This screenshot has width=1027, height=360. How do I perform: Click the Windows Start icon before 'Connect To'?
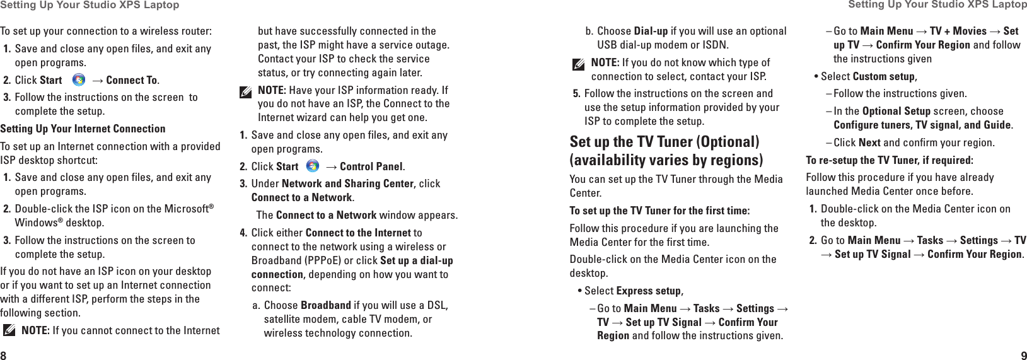tap(79, 80)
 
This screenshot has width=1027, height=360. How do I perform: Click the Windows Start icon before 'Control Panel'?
tap(312, 166)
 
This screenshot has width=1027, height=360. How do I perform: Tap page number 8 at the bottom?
tap(4, 354)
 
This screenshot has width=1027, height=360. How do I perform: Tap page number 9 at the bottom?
tap(1023, 354)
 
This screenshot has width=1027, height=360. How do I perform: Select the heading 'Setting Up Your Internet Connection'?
tap(83, 129)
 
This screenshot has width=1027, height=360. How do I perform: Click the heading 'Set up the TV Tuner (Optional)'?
tap(664, 142)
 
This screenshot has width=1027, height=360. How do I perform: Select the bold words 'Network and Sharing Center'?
tap(347, 183)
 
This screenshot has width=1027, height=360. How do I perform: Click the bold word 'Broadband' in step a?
tap(325, 305)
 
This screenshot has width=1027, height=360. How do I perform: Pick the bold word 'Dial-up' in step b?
tap(651, 31)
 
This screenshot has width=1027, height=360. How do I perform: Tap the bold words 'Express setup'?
tap(649, 291)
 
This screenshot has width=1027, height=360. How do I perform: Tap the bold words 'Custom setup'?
tap(883, 76)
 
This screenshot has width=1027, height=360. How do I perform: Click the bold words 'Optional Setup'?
tap(896, 111)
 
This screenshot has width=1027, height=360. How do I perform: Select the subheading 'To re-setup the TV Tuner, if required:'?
tap(889, 160)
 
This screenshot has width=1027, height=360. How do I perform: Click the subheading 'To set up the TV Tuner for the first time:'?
tap(659, 211)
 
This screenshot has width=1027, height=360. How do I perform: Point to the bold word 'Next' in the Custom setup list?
tap(869, 142)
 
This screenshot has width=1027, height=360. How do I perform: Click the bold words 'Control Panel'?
tap(371, 166)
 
